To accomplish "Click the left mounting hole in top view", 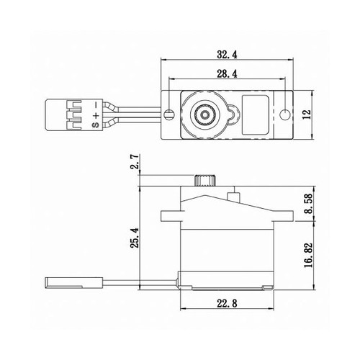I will (x=168, y=114).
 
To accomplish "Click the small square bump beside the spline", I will (x=232, y=194).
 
